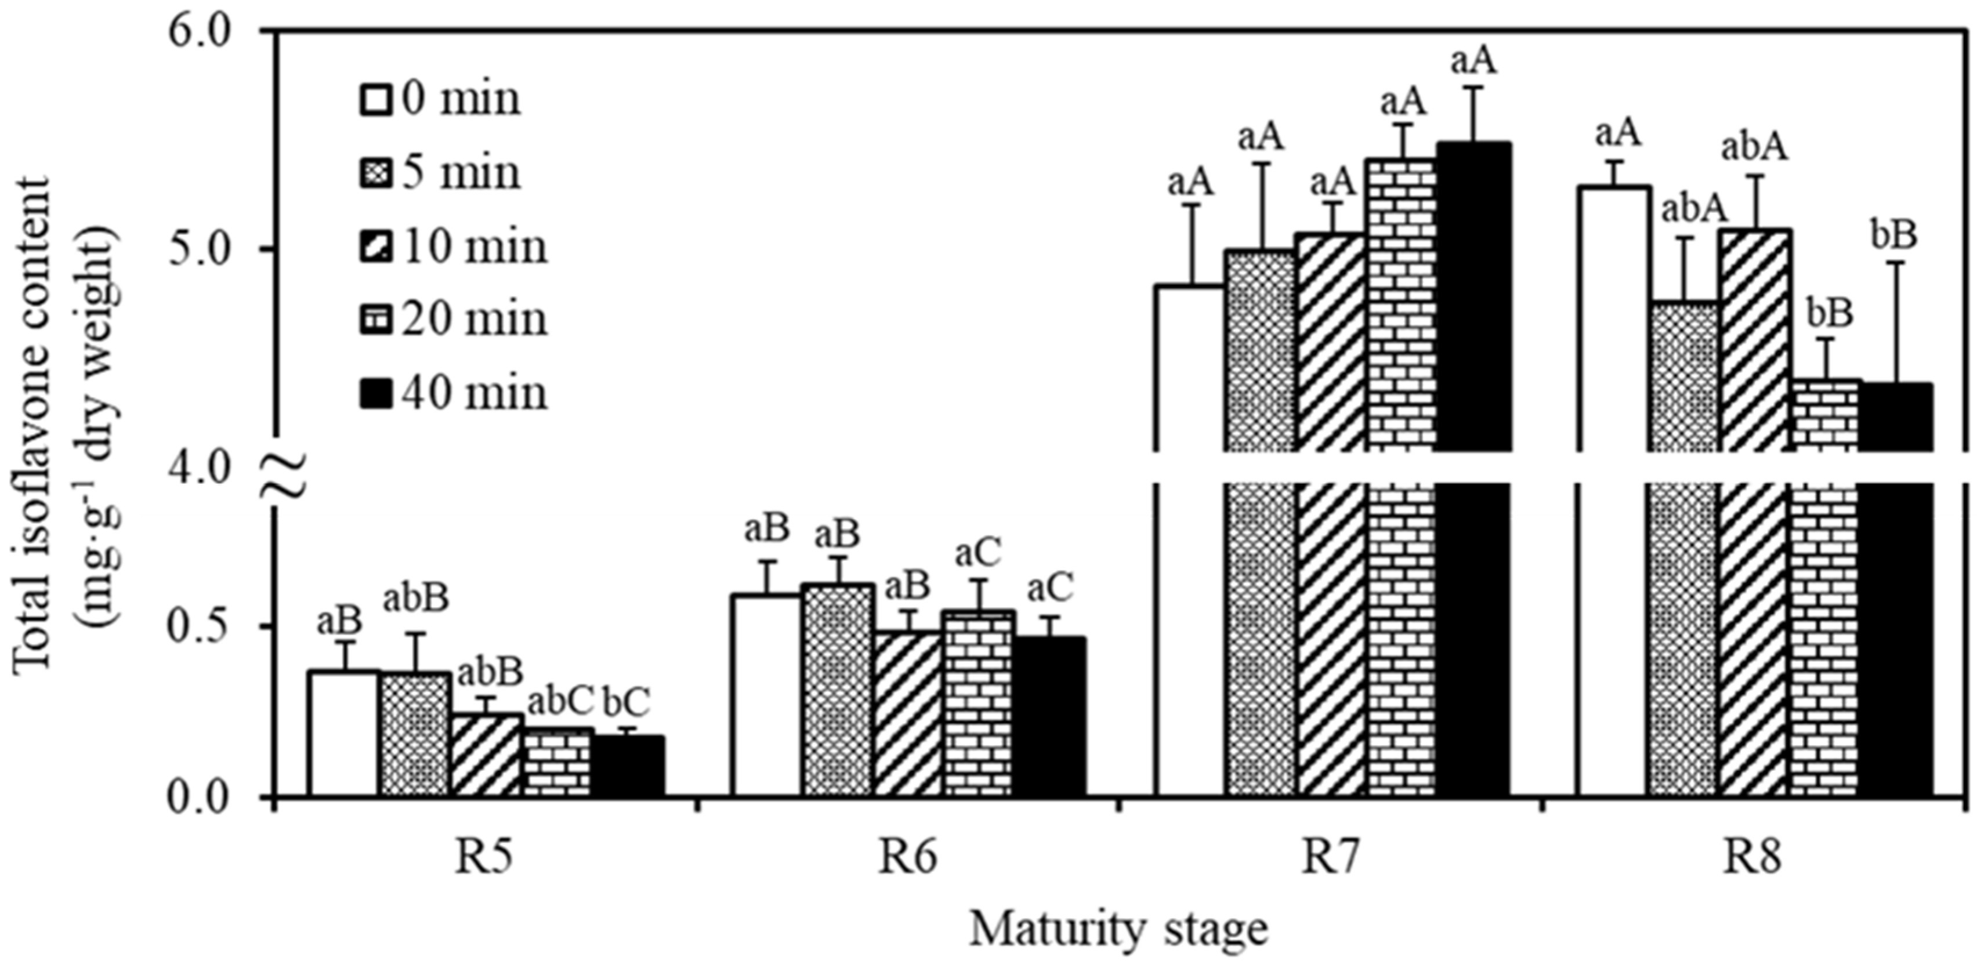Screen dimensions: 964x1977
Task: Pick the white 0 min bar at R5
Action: coord(344,733)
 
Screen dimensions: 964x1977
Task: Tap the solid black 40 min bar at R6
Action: coord(1050,717)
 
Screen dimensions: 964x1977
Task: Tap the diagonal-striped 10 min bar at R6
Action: coord(908,714)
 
